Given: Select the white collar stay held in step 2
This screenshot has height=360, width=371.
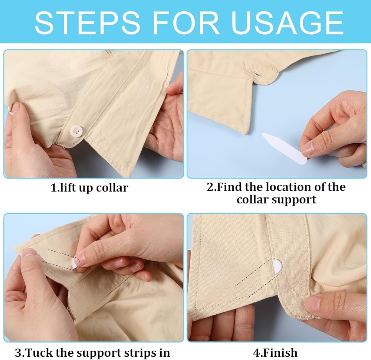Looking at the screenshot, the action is pos(285,148).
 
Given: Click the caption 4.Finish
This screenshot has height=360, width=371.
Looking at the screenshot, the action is pos(275,353).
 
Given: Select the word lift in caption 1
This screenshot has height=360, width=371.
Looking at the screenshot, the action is pos(65,188).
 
